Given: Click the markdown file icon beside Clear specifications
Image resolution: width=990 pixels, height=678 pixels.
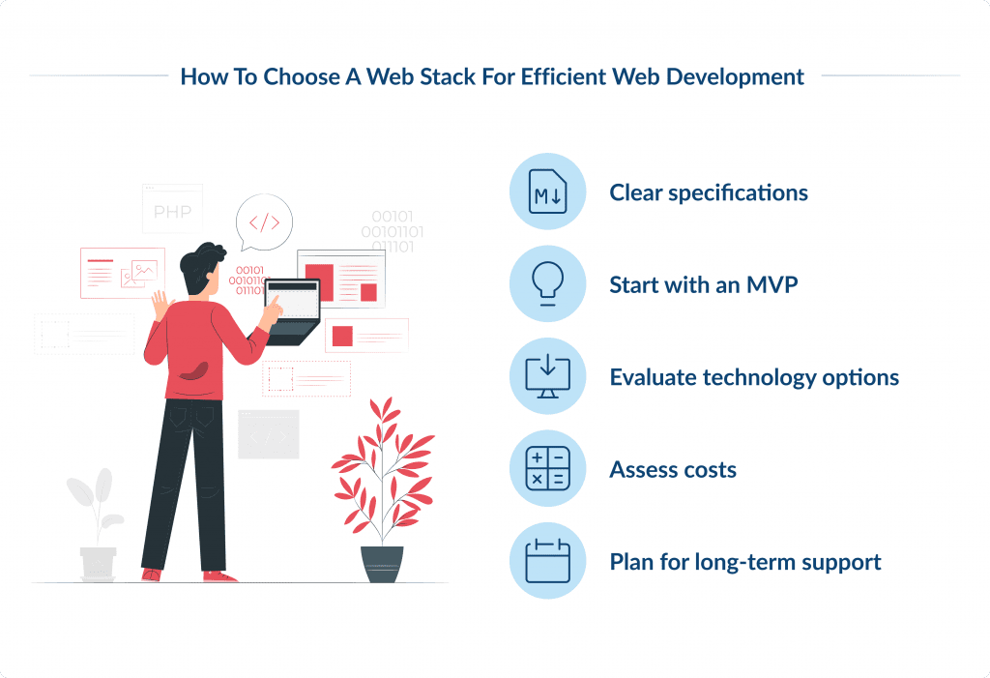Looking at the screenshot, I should (547, 192).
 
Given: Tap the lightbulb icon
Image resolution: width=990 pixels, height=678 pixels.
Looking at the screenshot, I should (547, 284).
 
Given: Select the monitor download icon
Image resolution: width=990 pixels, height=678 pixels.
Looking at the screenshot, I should (547, 376).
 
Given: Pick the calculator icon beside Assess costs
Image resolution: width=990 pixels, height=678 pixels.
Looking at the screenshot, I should (547, 469).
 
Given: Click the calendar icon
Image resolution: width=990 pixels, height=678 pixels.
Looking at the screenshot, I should (547, 561).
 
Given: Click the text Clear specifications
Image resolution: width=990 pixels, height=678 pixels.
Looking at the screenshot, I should (708, 192).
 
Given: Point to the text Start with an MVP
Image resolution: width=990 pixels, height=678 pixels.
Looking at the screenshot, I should (703, 285).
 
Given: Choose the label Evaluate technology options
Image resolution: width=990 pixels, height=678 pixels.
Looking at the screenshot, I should (754, 377).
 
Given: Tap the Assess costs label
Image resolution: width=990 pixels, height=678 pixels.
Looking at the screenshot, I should (673, 470).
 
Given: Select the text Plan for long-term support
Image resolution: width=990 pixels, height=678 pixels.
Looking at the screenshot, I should (744, 562).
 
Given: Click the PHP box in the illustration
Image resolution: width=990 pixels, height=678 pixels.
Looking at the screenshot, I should (172, 211).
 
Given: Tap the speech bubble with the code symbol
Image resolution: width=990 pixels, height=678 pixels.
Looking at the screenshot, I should (264, 222).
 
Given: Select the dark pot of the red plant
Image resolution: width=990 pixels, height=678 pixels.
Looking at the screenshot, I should (382, 564).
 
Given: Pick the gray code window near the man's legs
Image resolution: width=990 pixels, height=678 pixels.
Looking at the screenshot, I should (268, 434).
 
